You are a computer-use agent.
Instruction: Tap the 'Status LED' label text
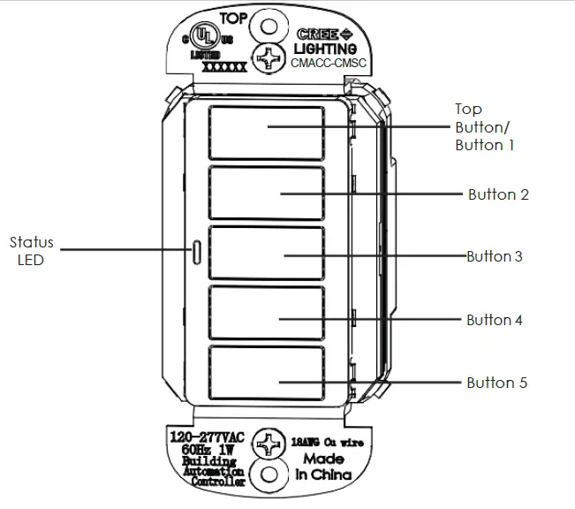pyautogui.click(x=31, y=251)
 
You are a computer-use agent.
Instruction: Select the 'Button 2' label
pyautogui.click(x=498, y=194)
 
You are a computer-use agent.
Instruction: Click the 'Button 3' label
pyautogui.click(x=495, y=257)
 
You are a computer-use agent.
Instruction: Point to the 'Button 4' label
pyautogui.click(x=495, y=320)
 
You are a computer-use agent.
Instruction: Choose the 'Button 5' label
pyautogui.click(x=497, y=383)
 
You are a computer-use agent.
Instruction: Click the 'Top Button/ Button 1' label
pyautogui.click(x=483, y=126)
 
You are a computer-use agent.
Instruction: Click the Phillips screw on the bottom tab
pyautogui.click(x=268, y=444)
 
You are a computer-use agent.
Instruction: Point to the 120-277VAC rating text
pyautogui.click(x=206, y=437)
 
